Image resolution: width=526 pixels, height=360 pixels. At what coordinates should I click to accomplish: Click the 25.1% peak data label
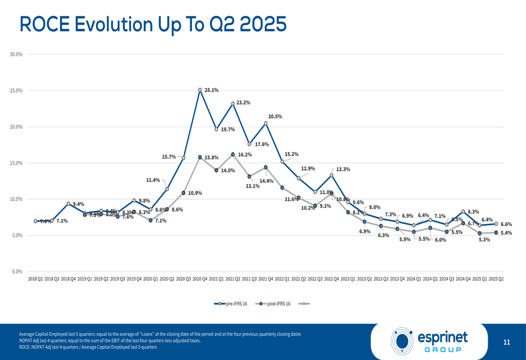coord(211,90)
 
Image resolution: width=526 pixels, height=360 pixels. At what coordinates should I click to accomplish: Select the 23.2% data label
coord(243,103)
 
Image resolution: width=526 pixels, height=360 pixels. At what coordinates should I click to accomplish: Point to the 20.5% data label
coord(275,117)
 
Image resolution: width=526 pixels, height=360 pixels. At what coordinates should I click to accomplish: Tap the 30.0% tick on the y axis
coord(17,55)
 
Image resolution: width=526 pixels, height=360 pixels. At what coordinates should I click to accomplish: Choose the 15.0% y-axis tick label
coord(17,163)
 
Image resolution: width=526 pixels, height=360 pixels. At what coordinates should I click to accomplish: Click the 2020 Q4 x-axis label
coord(200,279)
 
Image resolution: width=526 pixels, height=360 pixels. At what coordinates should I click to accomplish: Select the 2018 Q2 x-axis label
coord(36,279)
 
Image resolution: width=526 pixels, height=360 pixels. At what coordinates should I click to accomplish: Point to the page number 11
coord(507,343)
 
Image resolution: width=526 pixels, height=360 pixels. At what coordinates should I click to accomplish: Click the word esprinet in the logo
coord(442,336)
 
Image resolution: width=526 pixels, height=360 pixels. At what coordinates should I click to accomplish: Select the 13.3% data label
coord(343,170)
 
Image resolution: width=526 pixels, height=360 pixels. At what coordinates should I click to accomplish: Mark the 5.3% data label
coord(484,240)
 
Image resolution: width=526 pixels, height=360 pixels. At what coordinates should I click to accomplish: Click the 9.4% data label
coord(78,204)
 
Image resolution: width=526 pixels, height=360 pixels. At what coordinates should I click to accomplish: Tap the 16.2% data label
coord(245,155)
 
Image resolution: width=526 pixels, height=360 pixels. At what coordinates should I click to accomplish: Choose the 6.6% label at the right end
coord(505,224)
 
